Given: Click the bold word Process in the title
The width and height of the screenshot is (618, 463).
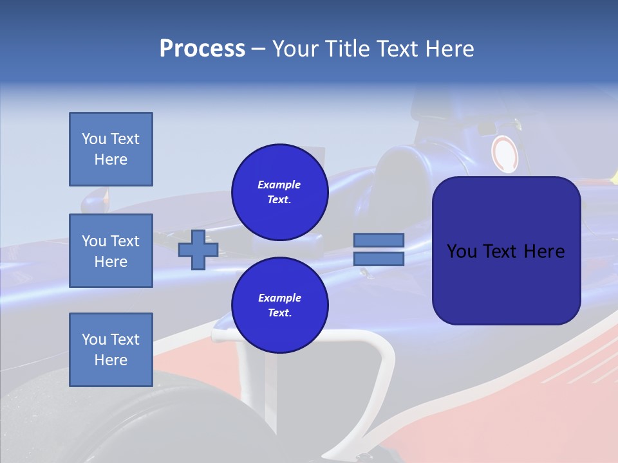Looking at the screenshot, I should [202, 49].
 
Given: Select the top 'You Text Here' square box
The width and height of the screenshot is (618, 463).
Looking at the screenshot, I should [111, 149].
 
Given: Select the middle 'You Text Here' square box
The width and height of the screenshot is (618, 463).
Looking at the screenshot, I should [111, 251].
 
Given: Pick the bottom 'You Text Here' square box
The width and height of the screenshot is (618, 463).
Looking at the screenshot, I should [111, 350].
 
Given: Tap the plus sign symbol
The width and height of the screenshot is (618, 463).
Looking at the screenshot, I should [198, 250].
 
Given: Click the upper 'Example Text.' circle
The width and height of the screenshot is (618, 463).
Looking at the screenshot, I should [279, 192].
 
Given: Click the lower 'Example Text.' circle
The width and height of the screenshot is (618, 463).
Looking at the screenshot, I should [279, 305].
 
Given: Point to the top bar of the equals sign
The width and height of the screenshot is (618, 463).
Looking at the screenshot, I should [379, 240].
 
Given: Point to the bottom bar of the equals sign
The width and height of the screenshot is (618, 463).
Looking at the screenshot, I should [379, 259].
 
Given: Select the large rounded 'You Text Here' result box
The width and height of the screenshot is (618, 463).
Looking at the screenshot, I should [506, 251].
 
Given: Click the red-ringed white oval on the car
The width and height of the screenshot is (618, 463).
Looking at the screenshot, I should [505, 154].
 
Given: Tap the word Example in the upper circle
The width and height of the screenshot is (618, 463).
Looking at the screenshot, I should [279, 185].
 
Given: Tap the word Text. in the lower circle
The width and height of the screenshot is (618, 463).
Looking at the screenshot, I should [279, 313].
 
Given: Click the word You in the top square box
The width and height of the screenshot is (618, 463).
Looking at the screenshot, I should [94, 139].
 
